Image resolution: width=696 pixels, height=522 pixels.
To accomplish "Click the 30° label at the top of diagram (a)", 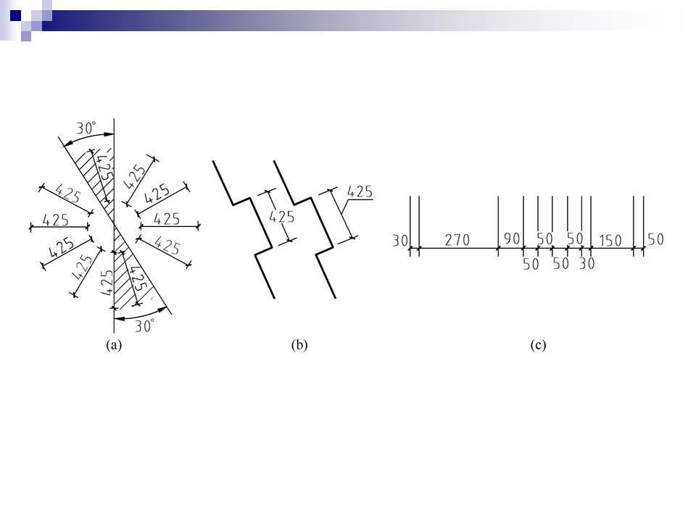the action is (x=86, y=128).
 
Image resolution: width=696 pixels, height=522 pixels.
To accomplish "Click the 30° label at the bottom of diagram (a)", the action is (x=145, y=326).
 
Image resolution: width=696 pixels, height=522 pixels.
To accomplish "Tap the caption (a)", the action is (x=114, y=345).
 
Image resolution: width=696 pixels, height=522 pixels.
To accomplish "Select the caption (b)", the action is (x=299, y=345).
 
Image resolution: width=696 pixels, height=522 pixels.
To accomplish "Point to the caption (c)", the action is (x=538, y=345).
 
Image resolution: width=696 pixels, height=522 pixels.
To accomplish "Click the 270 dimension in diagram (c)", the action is (x=457, y=240).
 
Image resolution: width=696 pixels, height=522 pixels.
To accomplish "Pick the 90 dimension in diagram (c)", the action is (x=512, y=239).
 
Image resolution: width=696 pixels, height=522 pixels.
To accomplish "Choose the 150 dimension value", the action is (x=610, y=241).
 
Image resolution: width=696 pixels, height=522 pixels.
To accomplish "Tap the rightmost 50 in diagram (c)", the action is (x=655, y=239).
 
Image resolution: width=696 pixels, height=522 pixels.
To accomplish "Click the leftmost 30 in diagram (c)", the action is (x=400, y=241).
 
